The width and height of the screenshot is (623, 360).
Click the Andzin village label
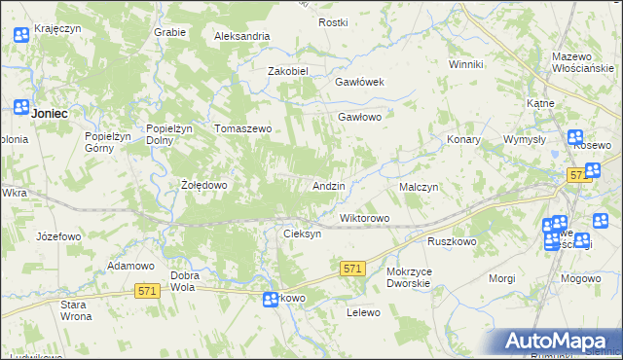(328, 186)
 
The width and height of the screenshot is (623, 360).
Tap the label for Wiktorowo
(364, 218)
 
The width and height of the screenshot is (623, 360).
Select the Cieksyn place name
(302, 234)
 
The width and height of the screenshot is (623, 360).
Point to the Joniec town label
(50, 113)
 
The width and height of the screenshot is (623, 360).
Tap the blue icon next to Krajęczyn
(21, 35)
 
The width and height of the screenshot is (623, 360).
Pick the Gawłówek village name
(361, 82)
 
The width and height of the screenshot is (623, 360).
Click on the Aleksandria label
(242, 36)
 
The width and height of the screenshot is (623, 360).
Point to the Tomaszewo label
(242, 128)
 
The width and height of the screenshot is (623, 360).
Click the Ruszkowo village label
(451, 239)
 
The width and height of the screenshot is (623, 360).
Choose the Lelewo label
(362, 313)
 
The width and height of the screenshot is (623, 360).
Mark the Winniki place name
(466, 64)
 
